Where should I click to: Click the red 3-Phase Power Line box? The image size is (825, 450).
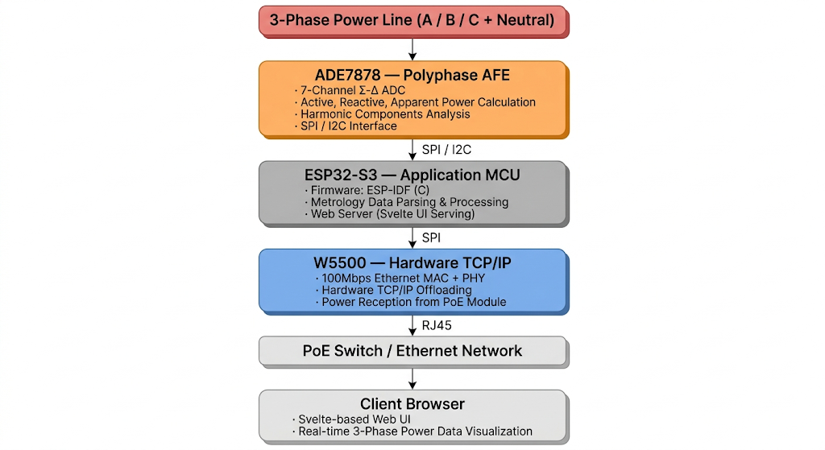(x=412, y=20)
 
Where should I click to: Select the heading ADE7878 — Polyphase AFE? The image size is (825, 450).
(x=412, y=75)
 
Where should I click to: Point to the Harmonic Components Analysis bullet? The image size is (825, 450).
(x=382, y=114)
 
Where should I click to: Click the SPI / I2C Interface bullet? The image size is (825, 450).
(x=346, y=126)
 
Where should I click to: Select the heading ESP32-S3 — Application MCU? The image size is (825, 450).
(x=412, y=175)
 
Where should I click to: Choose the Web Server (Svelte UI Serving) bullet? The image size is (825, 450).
(x=387, y=214)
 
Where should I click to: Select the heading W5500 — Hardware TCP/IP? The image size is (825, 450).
(x=412, y=263)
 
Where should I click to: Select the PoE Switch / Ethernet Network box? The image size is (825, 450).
(x=412, y=351)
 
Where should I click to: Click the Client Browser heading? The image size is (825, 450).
(x=412, y=403)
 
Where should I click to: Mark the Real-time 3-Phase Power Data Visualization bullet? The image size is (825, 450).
(x=412, y=431)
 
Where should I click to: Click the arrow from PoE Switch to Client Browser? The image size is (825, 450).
(x=412, y=378)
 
